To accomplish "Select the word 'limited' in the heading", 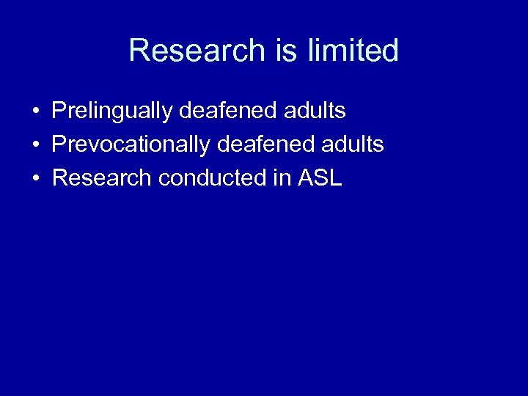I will pos(353,51).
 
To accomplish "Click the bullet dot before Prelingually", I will pos(35,112).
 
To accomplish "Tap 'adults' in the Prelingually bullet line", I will pos(314,111).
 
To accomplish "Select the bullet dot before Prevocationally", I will pos(35,146).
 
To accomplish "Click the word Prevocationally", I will pos(131,145).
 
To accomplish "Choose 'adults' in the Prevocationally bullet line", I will pos(352,145).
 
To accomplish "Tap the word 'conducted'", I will pos(210,178).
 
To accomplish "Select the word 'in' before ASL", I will pos(282,178).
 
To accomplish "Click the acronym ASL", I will pos(320,178).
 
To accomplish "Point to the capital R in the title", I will pos(139,51).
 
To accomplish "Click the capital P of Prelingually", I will pos(59,111).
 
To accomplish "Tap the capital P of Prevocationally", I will pos(59,145).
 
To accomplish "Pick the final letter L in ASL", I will pos(336,178).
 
